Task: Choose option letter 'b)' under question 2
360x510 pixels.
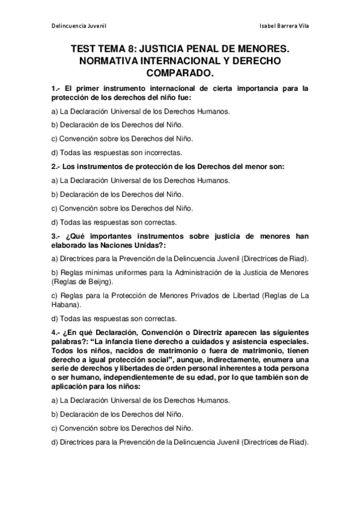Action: click(55, 194)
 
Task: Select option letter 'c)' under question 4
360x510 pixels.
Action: click(55, 429)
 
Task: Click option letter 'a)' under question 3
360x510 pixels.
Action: click(55, 259)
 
